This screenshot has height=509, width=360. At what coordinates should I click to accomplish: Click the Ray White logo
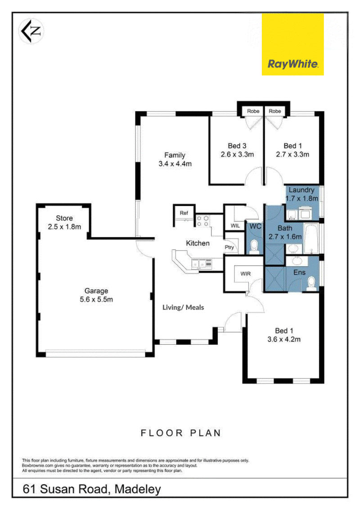(x=292, y=45)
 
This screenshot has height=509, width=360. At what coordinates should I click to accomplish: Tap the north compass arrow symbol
(x=31, y=32)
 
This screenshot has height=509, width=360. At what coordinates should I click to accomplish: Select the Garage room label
(x=96, y=295)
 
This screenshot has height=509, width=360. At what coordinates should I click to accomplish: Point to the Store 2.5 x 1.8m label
(x=64, y=222)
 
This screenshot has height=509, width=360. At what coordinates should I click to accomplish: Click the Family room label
(x=175, y=159)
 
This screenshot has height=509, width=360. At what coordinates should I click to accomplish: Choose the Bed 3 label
(x=237, y=150)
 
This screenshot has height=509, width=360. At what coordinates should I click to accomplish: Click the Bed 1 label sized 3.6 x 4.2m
(x=284, y=335)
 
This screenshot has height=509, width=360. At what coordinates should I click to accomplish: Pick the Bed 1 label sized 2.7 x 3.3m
(x=292, y=150)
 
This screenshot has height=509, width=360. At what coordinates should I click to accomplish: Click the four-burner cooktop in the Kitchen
(x=202, y=221)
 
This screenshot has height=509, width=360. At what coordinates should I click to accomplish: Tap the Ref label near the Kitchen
(x=184, y=213)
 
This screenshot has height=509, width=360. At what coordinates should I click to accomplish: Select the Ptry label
(x=229, y=247)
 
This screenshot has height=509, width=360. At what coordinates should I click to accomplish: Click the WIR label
(x=245, y=274)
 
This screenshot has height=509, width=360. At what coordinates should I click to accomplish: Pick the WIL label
(x=235, y=225)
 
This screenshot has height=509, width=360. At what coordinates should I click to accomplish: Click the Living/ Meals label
(x=183, y=307)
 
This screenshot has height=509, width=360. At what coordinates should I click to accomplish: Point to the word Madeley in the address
(x=138, y=489)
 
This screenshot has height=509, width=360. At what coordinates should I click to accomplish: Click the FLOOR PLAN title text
(x=180, y=432)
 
